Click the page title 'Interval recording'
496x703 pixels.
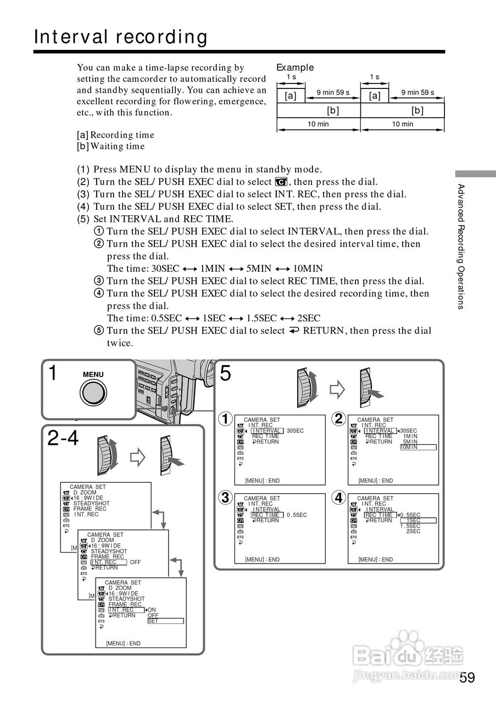pyautogui.click(x=121, y=37)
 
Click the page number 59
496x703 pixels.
pyautogui.click(x=467, y=677)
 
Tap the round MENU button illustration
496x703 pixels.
pyautogui.click(x=93, y=393)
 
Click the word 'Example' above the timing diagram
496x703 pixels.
pyautogui.click(x=295, y=68)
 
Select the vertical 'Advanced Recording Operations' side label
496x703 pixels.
pyautogui.click(x=461, y=247)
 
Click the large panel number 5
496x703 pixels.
pyautogui.click(x=225, y=374)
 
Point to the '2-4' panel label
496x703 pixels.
pyautogui.click(x=63, y=438)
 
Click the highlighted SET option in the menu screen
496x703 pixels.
pyautogui.click(x=165, y=621)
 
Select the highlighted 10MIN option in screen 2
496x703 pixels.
pyautogui.click(x=417, y=447)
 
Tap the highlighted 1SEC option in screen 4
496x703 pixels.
pyautogui.click(x=417, y=520)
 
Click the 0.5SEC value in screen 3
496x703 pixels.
pyautogui.click(x=297, y=515)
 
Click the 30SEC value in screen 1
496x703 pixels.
pyautogui.click(x=295, y=431)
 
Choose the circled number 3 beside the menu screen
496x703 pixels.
pyautogui.click(x=225, y=498)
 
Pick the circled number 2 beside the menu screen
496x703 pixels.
pyautogui.click(x=339, y=419)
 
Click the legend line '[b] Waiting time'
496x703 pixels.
pyautogui.click(x=111, y=146)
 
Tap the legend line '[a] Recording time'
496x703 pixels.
pyautogui.click(x=115, y=135)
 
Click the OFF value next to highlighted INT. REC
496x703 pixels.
pyautogui.click(x=136, y=562)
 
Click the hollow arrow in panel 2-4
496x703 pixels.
pyautogui.click(x=136, y=457)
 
